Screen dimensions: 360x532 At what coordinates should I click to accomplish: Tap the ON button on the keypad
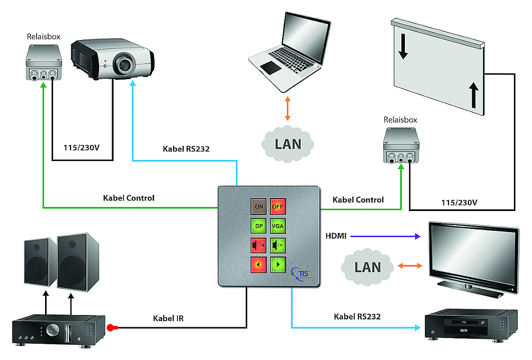(x=259, y=205)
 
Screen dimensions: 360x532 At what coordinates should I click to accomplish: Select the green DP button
(x=259, y=225)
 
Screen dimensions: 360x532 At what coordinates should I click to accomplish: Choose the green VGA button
(x=278, y=225)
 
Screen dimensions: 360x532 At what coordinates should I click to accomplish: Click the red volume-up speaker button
(x=259, y=245)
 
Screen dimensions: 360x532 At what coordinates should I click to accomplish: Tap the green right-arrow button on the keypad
(x=278, y=264)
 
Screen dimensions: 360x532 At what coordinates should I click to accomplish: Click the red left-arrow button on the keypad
(x=259, y=264)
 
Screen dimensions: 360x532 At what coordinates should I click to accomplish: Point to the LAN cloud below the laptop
(x=288, y=143)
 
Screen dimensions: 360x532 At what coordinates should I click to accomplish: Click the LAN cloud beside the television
(x=367, y=266)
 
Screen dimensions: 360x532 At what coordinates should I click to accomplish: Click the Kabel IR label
(x=168, y=318)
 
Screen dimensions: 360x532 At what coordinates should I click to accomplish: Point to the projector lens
(x=122, y=63)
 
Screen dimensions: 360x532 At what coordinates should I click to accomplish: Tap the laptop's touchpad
(x=270, y=68)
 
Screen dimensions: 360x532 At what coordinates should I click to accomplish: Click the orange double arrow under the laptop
(x=288, y=109)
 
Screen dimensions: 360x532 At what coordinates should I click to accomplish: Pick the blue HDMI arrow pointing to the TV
(x=386, y=235)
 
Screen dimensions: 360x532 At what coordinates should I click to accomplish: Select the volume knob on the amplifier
(x=52, y=329)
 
